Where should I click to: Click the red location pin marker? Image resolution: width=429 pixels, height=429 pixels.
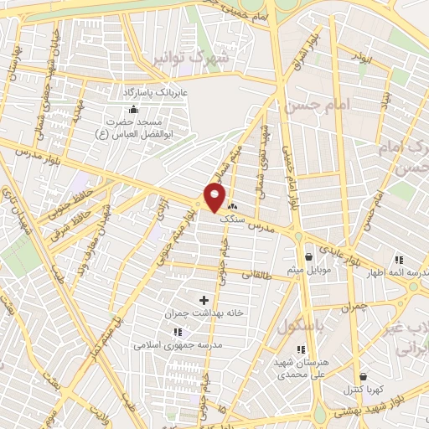(214, 199)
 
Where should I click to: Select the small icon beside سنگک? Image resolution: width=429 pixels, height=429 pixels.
(231, 206)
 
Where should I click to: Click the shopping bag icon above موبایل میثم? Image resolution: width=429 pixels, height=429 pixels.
(310, 256)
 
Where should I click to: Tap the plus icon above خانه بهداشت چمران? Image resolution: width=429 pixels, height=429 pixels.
(204, 299)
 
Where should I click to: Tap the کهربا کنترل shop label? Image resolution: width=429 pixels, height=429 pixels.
(362, 390)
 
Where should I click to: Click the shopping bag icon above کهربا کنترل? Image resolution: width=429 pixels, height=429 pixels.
(362, 376)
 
